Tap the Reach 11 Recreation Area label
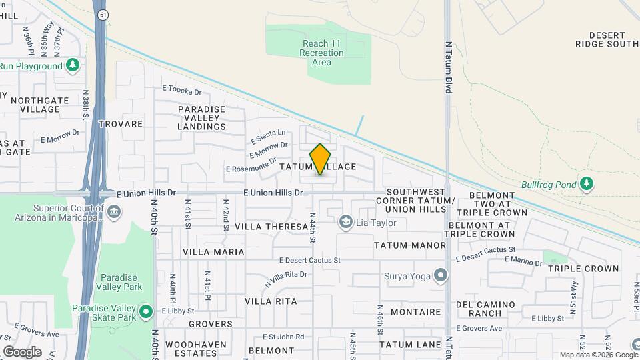321,53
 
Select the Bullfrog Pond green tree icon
586,183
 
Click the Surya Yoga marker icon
440,275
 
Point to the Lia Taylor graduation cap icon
345,221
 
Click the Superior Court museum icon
114,212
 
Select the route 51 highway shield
101,14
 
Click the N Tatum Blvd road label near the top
449,67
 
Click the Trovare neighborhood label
121,124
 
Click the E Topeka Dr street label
181,89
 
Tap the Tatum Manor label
409,245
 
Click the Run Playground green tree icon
73,66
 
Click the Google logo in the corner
22,351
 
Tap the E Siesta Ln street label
268,136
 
